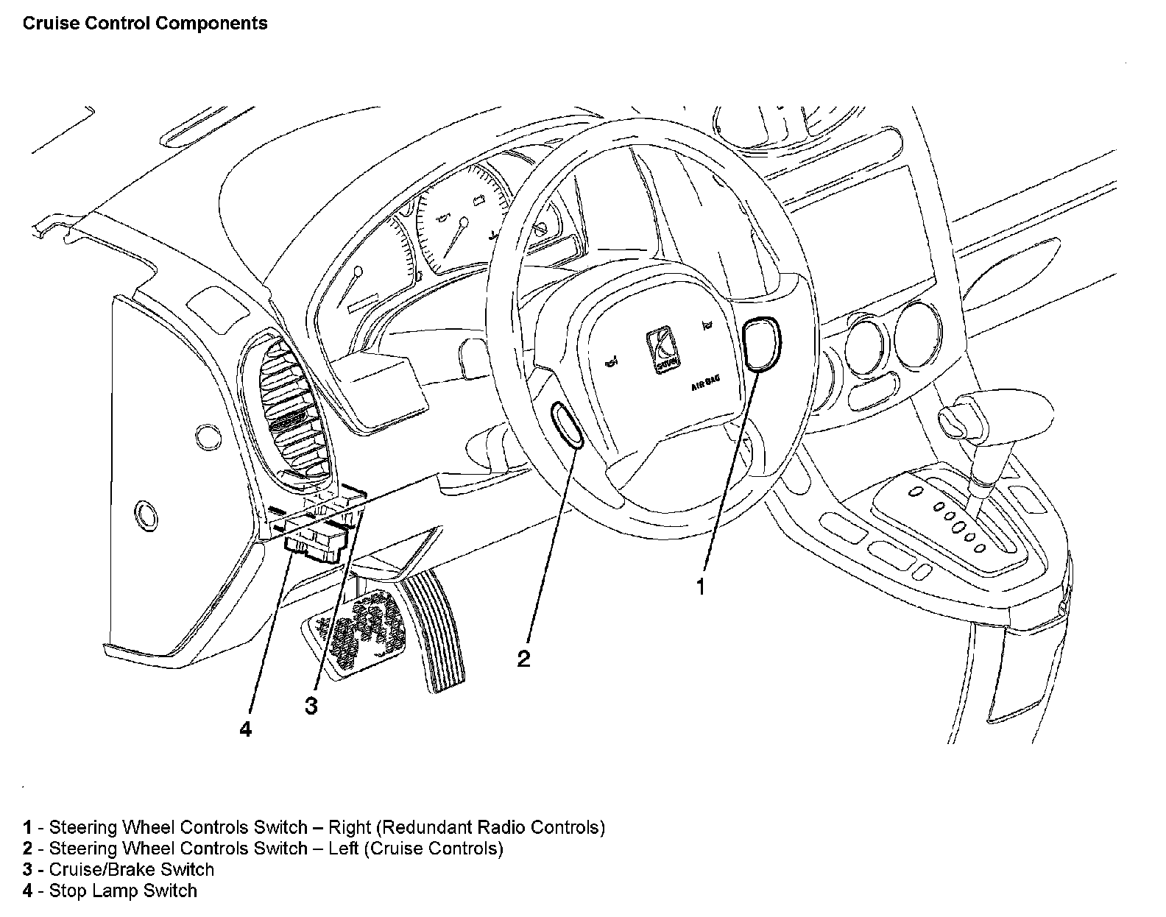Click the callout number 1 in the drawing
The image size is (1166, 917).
click(701, 587)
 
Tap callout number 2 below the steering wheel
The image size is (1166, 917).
click(523, 658)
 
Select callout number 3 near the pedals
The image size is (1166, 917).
click(311, 706)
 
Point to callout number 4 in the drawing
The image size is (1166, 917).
click(246, 729)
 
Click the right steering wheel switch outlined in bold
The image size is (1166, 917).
click(761, 343)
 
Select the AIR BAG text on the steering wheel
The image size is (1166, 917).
click(705, 382)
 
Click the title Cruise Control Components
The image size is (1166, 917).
click(145, 24)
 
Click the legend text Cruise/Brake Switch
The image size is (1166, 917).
click(131, 869)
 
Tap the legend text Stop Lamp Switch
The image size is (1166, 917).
click(123, 891)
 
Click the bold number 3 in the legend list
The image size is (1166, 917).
click(28, 869)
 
